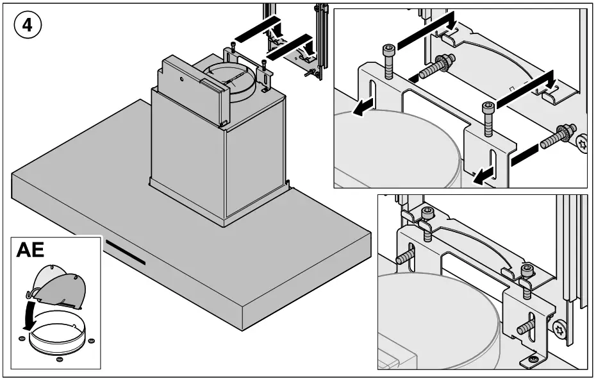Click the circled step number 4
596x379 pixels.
point(28,26)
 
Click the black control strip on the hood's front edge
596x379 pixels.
point(126,253)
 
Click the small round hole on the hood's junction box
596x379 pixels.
point(182,80)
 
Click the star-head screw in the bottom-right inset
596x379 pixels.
point(560,330)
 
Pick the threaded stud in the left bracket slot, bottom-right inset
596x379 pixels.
point(405,257)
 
